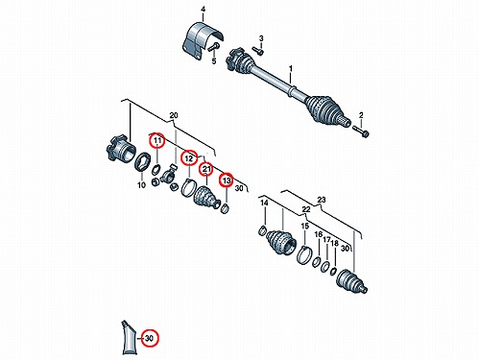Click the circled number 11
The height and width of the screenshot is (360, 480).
[x=156, y=140]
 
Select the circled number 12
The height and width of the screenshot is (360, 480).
[x=189, y=158]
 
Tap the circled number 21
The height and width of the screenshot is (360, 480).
[x=206, y=169]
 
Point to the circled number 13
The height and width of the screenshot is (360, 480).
[x=227, y=180]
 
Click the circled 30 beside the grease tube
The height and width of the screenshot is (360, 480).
[x=150, y=338]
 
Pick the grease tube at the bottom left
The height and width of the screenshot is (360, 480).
[x=129, y=337]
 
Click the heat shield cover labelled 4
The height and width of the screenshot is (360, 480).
[x=203, y=41]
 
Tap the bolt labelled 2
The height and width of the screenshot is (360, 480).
[x=360, y=132]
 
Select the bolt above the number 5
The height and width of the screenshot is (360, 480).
[x=212, y=47]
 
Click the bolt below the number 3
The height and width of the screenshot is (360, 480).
[x=258, y=51]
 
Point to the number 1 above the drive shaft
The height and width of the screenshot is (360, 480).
[x=291, y=68]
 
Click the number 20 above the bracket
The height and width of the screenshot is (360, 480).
[x=174, y=115]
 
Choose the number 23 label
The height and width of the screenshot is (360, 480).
[x=322, y=200]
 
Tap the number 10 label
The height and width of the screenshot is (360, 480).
[x=141, y=184]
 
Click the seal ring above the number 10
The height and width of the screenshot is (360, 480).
[x=142, y=161]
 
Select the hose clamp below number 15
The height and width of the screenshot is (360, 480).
[x=305, y=254]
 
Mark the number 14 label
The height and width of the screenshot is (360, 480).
[x=264, y=203]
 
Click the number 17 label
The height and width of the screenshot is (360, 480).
[x=326, y=240]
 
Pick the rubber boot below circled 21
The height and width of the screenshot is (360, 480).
[x=206, y=197]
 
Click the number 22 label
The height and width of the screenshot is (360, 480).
[x=306, y=209]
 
